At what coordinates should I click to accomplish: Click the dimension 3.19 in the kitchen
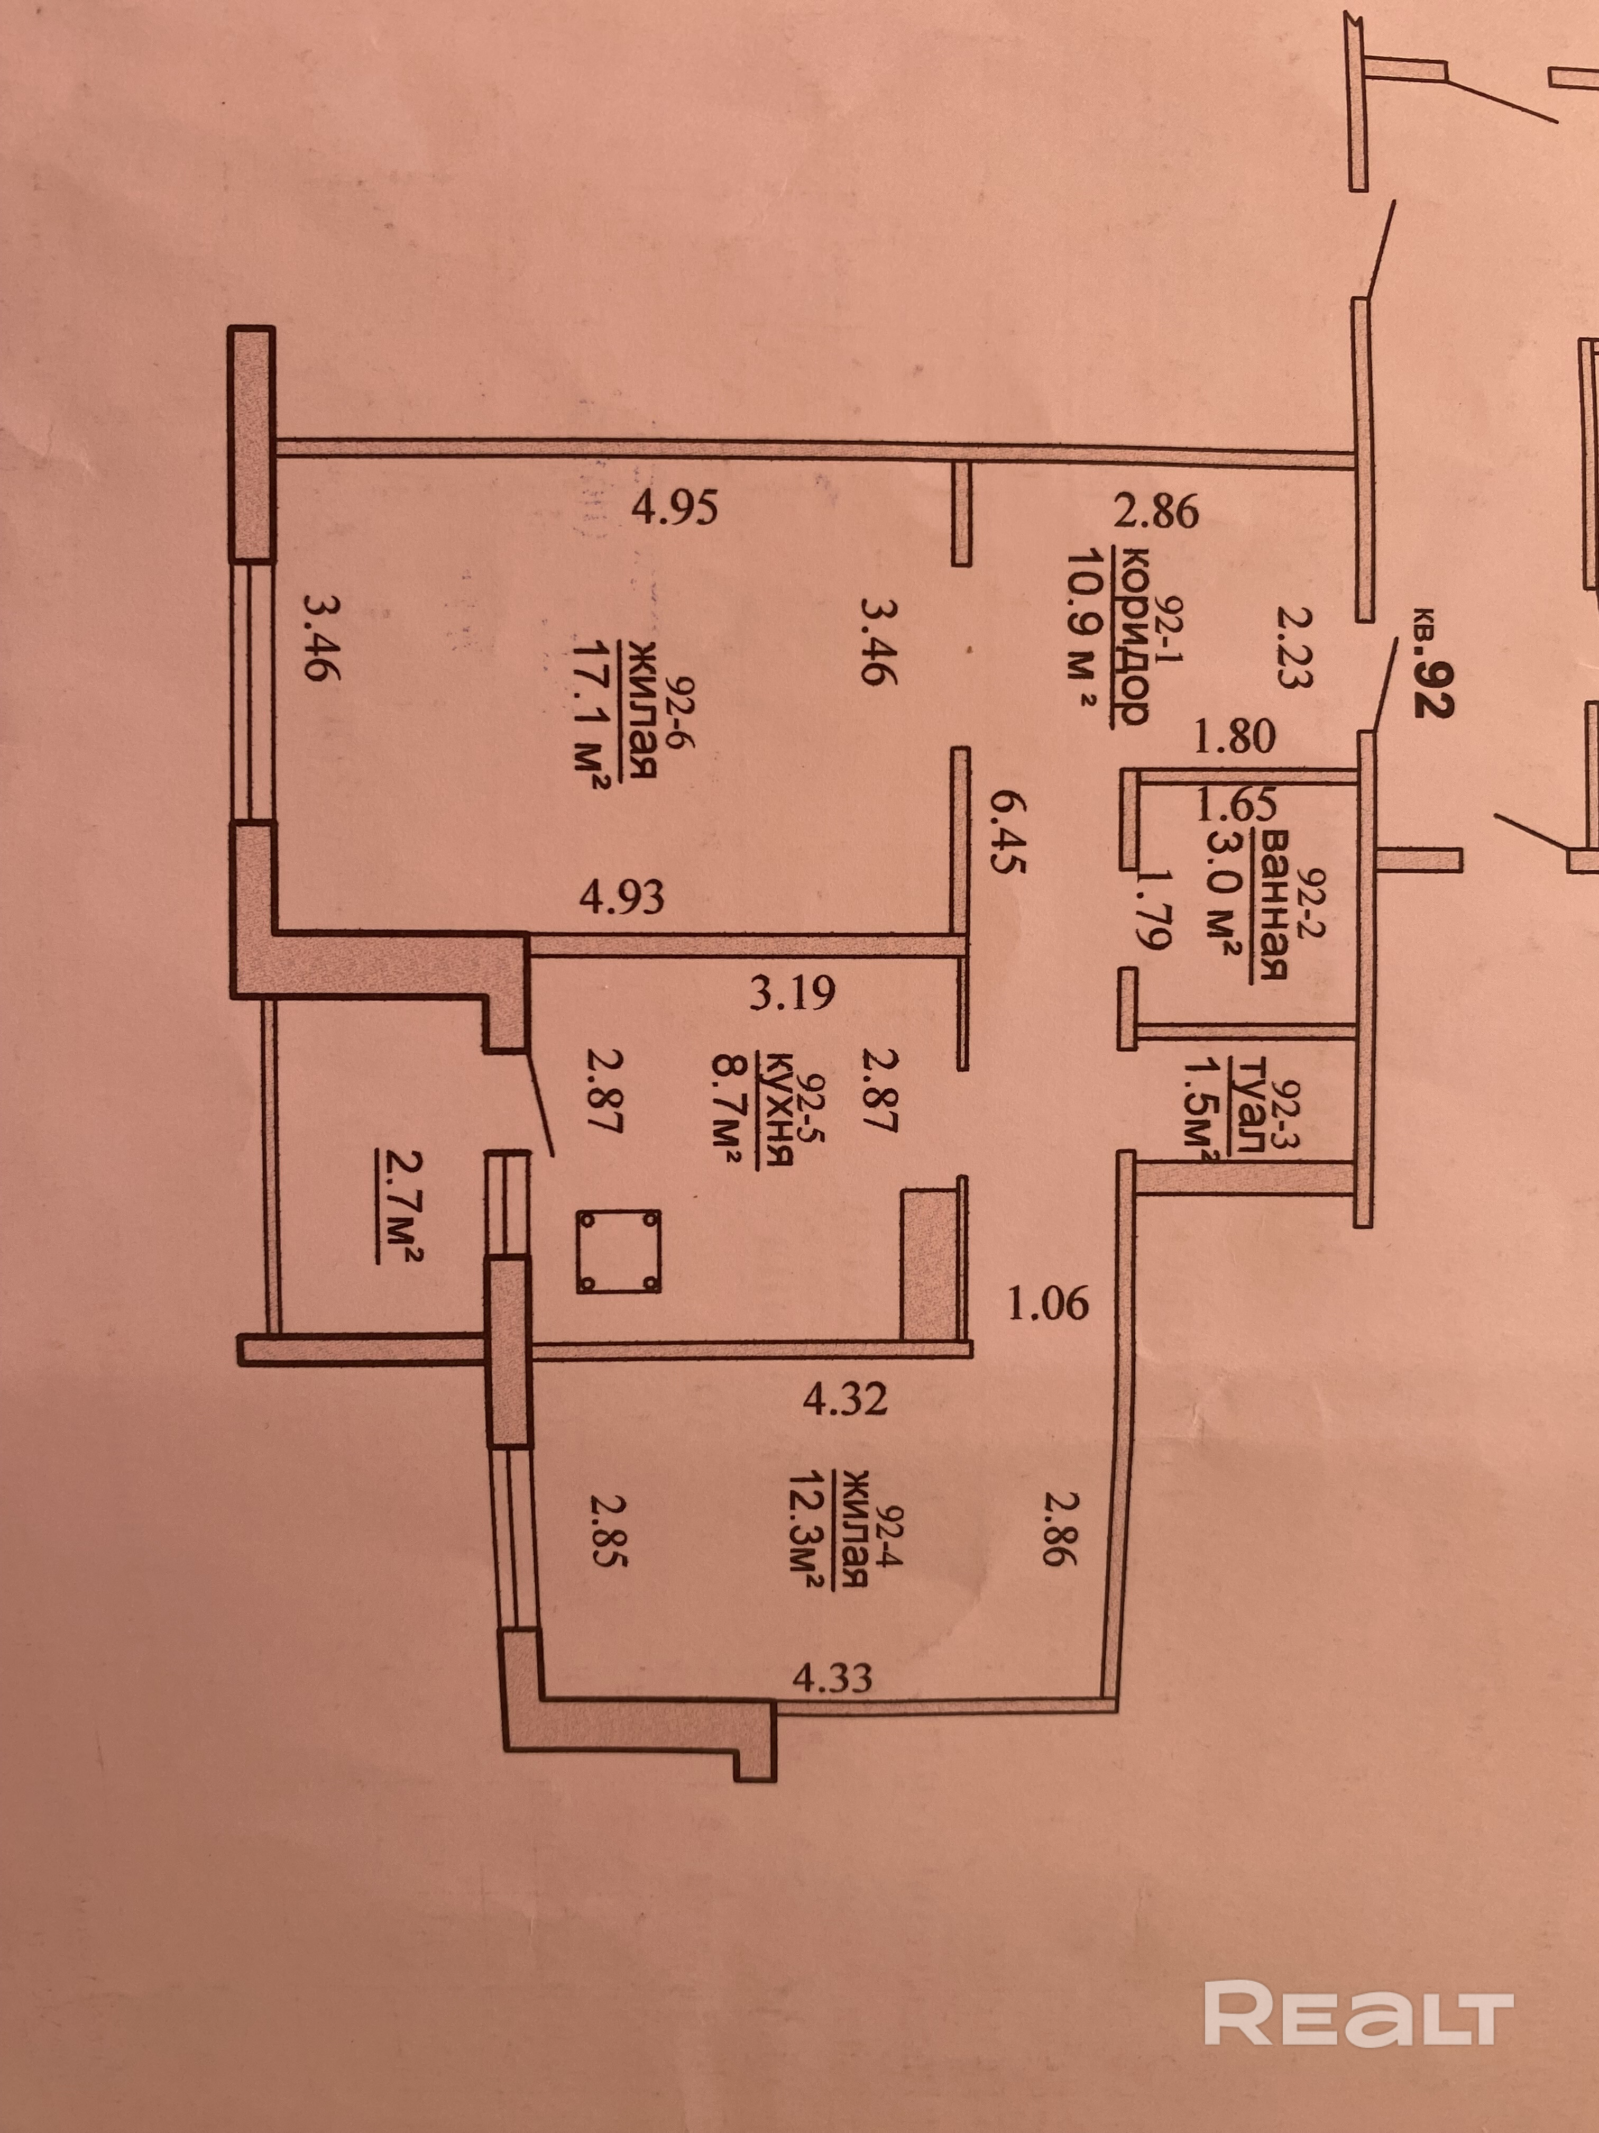click(792, 993)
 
